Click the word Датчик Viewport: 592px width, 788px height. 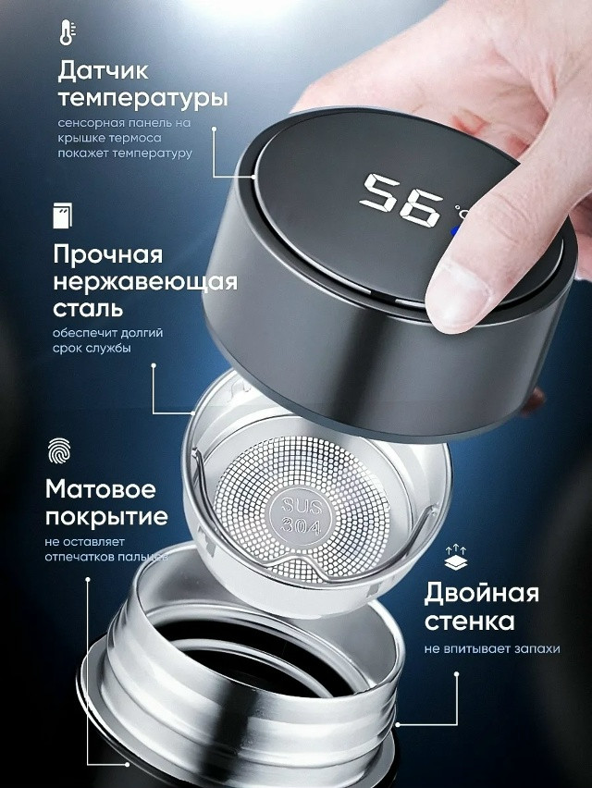pyautogui.click(x=103, y=70)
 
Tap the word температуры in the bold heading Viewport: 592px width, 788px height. pyautogui.click(x=142, y=98)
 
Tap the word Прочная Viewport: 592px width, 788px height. pyautogui.click(x=107, y=254)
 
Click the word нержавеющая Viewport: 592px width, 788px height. pyautogui.click(x=145, y=281)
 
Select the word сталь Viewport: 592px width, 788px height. pyautogui.click(x=90, y=308)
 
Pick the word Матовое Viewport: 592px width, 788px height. pyautogui.click(x=101, y=488)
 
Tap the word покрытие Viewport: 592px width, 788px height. pyautogui.click(x=106, y=516)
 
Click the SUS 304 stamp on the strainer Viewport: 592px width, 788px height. pyautogui.click(x=298, y=515)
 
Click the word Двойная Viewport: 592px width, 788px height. pyautogui.click(x=481, y=593)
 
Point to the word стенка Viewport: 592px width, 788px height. pyautogui.click(x=470, y=621)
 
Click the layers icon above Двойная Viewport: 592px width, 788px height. pyautogui.click(x=454, y=559)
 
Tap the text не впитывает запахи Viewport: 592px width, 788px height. pyautogui.click(x=492, y=648)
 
